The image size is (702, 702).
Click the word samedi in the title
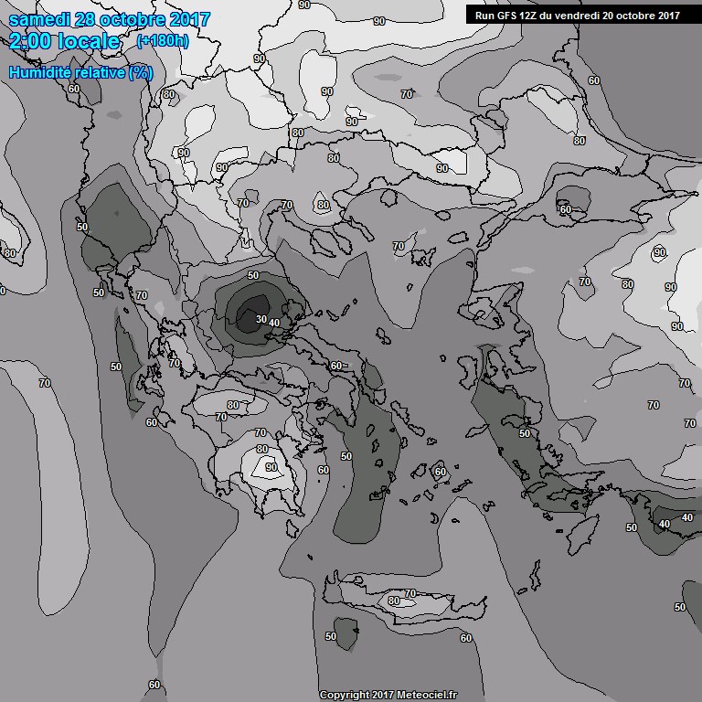[40, 19]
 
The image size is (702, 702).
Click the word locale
[89, 41]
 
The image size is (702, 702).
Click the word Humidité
[43, 71]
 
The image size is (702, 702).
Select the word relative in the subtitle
[101, 71]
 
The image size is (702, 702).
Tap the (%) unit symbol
[141, 71]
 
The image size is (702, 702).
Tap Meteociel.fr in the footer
[424, 695]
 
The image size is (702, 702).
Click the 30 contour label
[261, 319]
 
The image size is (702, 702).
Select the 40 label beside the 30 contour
[274, 323]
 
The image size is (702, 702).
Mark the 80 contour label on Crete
[394, 601]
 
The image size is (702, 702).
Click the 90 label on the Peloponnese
[271, 467]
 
